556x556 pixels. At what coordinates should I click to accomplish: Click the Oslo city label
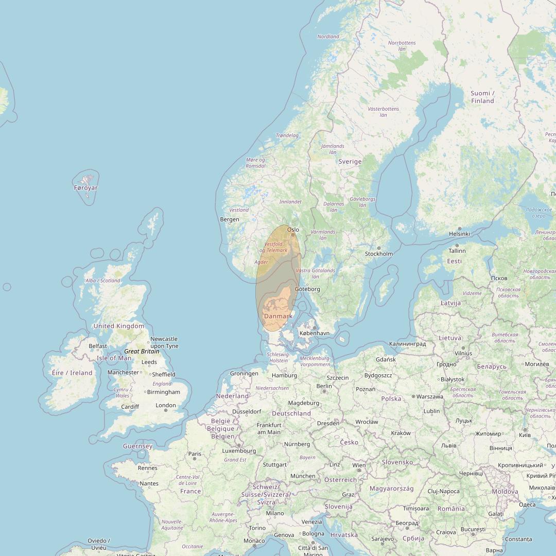click(x=293, y=230)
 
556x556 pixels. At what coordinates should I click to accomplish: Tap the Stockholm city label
click(x=378, y=254)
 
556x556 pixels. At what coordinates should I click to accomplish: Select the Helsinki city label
click(x=459, y=234)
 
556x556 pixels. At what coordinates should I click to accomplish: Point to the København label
click(x=314, y=333)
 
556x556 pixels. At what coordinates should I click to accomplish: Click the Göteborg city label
click(x=307, y=289)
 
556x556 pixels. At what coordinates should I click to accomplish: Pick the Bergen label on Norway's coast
click(x=229, y=219)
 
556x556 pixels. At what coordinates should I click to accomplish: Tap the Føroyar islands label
click(x=86, y=188)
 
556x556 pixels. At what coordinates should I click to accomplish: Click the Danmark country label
click(x=278, y=316)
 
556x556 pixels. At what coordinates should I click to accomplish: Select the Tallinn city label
click(x=457, y=251)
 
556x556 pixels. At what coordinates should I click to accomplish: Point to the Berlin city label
click(x=324, y=386)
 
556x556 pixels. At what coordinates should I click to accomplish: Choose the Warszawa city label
click(x=429, y=397)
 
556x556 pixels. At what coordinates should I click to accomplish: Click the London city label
click(x=166, y=405)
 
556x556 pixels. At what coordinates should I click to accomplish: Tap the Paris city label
click(x=195, y=454)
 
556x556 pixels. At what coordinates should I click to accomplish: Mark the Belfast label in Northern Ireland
click(x=98, y=346)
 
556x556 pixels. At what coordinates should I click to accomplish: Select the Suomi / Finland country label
click(x=482, y=97)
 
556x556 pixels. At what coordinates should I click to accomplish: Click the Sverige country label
click(x=350, y=161)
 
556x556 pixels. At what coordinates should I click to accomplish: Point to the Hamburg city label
click(x=284, y=375)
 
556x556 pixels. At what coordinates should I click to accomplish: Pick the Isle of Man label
click(x=114, y=358)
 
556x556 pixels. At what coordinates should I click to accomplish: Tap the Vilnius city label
click(x=463, y=353)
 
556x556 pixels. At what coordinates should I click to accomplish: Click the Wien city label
click(x=359, y=465)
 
